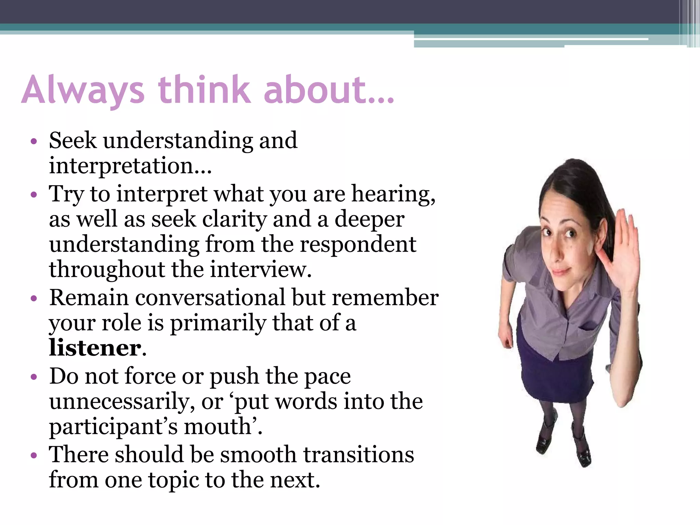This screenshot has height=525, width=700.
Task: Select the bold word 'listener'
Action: (95, 348)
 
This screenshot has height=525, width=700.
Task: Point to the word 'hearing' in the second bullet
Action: (393, 194)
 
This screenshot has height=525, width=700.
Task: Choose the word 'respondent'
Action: (358, 244)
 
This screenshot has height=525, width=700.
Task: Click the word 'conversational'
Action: (210, 297)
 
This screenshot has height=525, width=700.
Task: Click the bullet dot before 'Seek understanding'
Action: (33, 141)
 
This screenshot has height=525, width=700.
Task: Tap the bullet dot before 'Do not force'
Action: (33, 377)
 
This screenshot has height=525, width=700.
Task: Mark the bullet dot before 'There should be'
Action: (33, 455)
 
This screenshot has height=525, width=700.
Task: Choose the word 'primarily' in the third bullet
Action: (217, 323)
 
